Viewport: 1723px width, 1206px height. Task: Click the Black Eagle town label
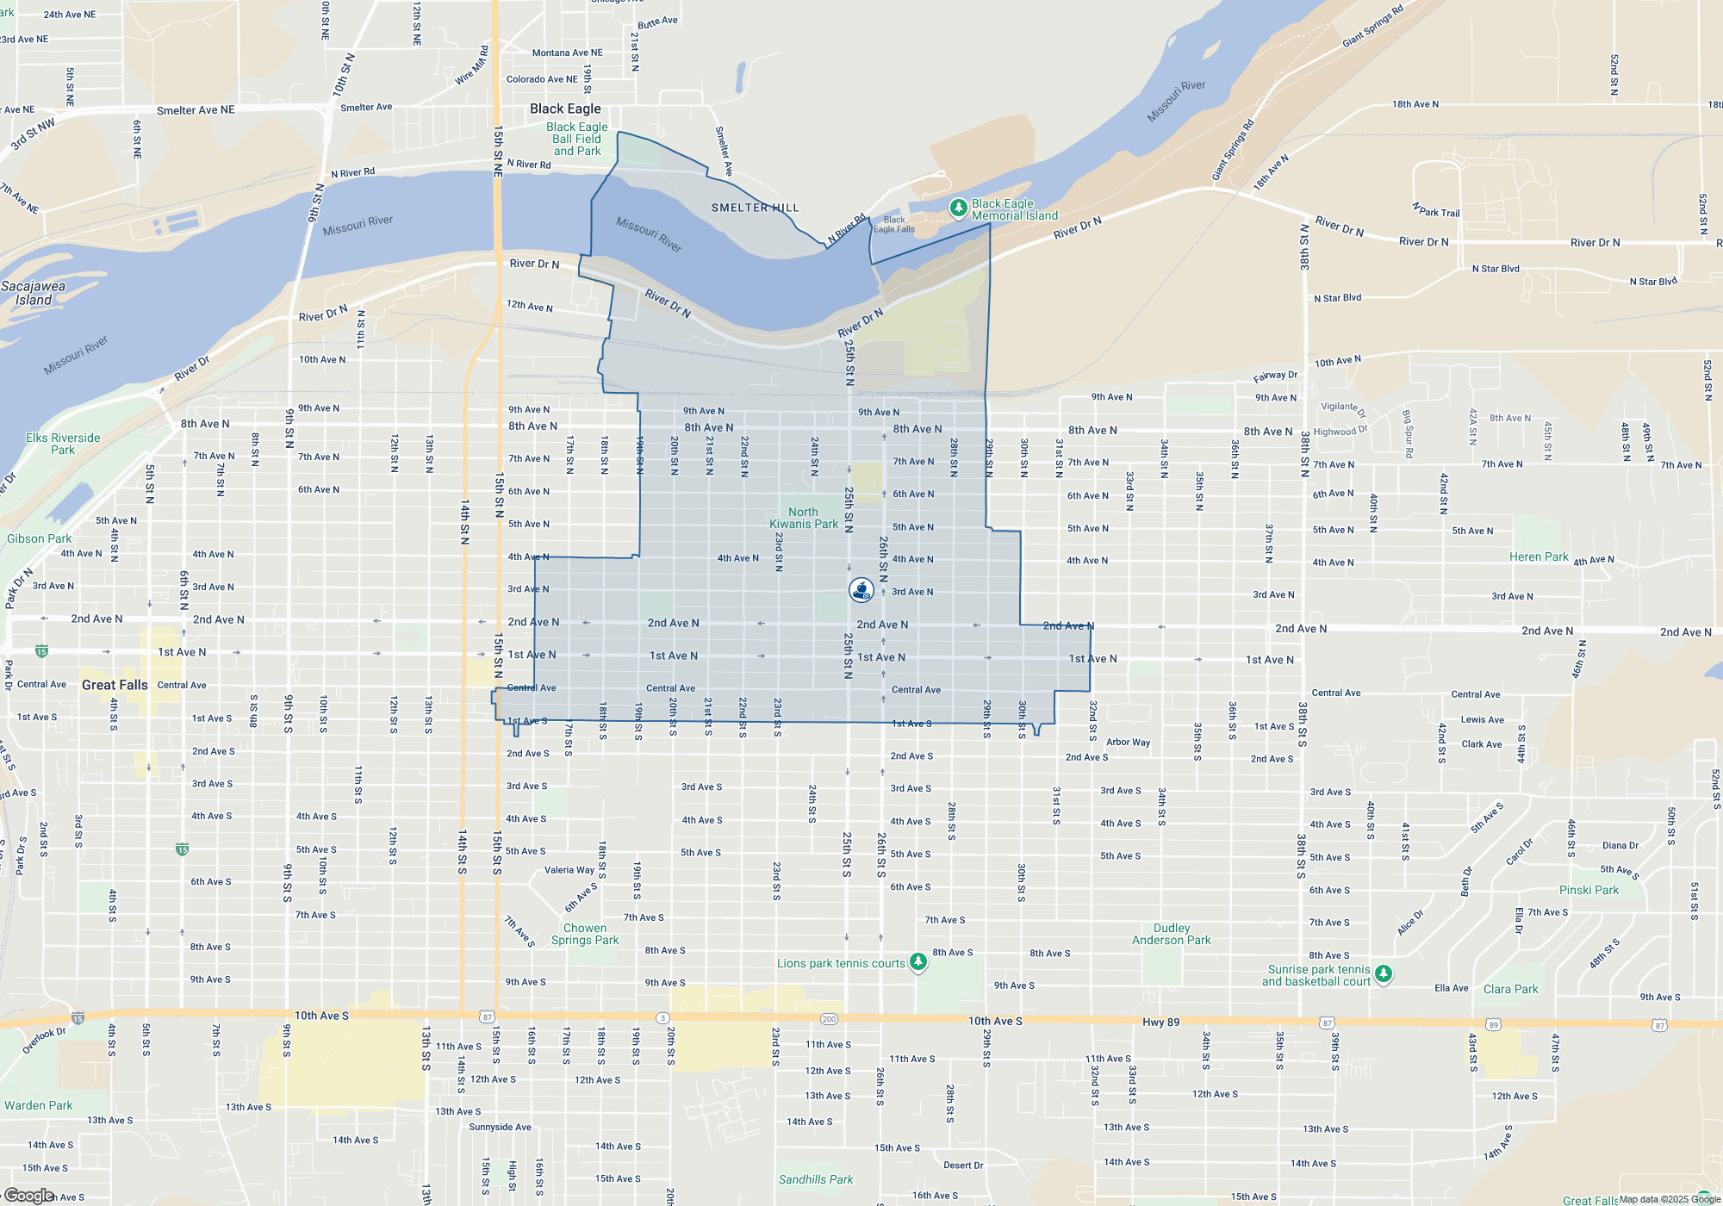(565, 109)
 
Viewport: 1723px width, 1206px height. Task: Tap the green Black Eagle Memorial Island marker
(958, 208)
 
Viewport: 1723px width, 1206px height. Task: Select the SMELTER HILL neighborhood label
(755, 208)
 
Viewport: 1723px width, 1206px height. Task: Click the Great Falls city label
(115, 685)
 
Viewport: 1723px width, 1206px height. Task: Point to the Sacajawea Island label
(33, 293)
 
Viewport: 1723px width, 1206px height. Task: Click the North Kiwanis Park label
(803, 518)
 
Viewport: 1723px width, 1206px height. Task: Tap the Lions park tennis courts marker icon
(918, 961)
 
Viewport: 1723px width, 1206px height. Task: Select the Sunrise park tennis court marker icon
(1384, 973)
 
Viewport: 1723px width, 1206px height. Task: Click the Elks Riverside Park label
(63, 444)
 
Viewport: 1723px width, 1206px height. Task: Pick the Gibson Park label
(39, 538)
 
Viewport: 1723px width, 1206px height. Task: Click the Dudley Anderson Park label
(1171, 934)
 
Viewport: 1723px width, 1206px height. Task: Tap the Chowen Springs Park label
(585, 934)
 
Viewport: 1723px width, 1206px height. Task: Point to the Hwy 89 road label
(1160, 1023)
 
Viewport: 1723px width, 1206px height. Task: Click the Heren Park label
(1539, 556)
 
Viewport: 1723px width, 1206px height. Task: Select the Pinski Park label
(1589, 890)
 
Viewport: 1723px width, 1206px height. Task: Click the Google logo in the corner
(28, 1196)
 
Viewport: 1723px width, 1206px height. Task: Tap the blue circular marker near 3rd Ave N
(861, 589)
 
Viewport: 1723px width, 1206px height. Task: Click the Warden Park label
(39, 1105)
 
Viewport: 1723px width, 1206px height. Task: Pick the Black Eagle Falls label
(894, 224)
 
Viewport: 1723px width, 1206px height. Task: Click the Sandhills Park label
(815, 1179)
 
